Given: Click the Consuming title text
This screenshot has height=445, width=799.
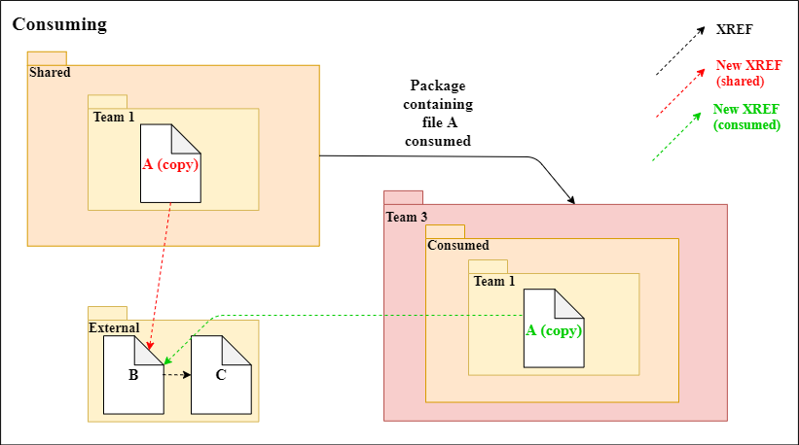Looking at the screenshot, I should click(x=59, y=22).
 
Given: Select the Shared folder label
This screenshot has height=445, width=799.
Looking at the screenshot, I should click(x=50, y=73).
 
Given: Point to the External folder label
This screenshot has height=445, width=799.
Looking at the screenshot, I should click(x=115, y=328).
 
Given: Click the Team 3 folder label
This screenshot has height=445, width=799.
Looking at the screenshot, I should click(x=407, y=217).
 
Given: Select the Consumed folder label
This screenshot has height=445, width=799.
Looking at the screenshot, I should click(x=458, y=246).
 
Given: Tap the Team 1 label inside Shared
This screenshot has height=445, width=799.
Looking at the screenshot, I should click(x=114, y=117).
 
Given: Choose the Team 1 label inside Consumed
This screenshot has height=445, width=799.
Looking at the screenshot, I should click(x=495, y=282).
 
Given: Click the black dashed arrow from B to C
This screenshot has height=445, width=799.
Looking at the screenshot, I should click(x=176, y=375).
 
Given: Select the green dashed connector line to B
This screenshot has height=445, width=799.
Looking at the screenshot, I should click(x=370, y=315).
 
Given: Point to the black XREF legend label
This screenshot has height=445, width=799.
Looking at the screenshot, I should click(x=733, y=30).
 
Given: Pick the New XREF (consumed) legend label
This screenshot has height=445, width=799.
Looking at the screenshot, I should click(x=746, y=118).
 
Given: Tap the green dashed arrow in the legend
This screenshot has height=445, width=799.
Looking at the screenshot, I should click(x=677, y=136).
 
